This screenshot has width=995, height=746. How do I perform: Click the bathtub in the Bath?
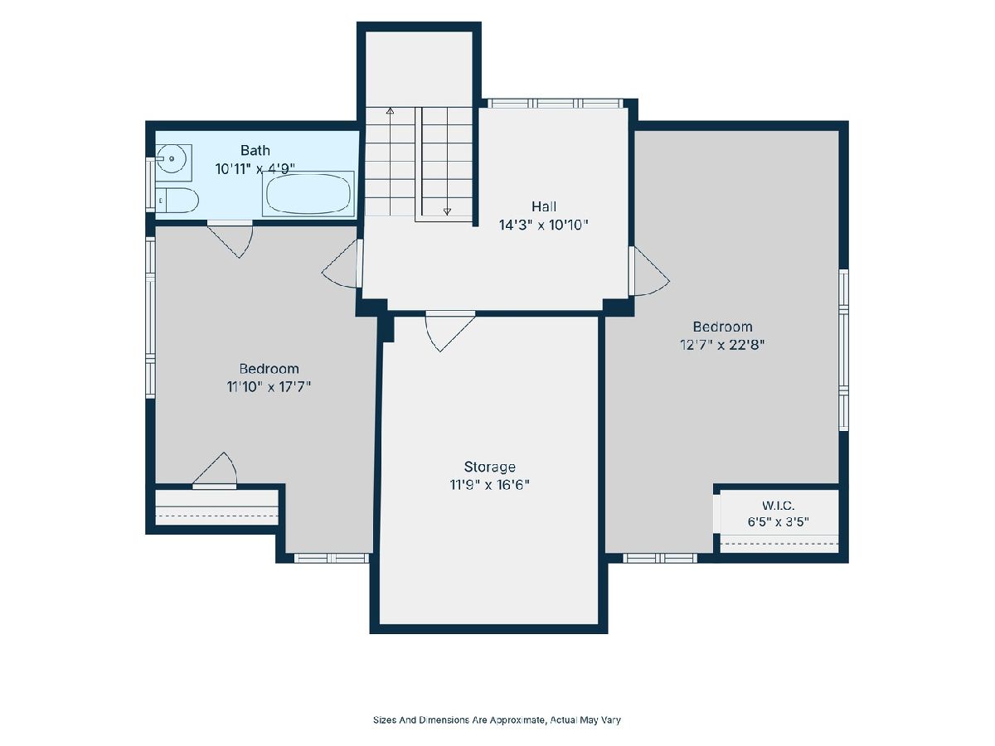coord(308,194)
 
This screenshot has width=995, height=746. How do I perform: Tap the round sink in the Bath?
coord(173,158)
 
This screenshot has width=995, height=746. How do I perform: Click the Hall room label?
coord(543,206)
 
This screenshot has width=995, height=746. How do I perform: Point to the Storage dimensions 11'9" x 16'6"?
coord(489,485)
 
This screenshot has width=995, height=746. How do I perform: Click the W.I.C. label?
coord(778,506)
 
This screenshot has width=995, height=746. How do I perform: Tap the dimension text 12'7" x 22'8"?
coord(722,345)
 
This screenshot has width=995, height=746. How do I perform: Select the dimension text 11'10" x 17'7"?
coord(269,387)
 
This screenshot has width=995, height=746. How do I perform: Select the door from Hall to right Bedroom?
coord(649,271)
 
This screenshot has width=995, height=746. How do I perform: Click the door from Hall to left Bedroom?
coord(341,264)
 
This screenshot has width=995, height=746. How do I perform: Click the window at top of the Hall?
coord(556,104)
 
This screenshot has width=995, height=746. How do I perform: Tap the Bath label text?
coord(255,150)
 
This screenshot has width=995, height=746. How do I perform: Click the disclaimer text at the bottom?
coord(497,719)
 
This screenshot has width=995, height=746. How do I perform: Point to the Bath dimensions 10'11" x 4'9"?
coord(255,169)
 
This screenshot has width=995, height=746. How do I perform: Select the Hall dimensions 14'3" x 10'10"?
coord(543,225)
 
